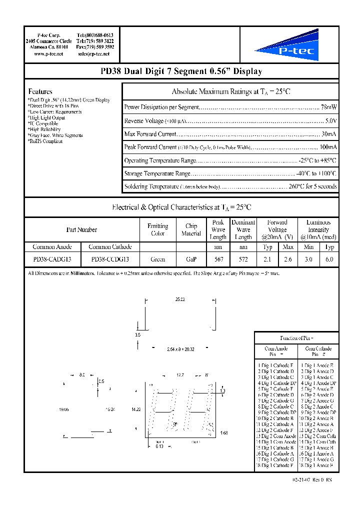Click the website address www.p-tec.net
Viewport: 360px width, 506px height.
tap(48, 53)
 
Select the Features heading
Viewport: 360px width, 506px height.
tap(40, 91)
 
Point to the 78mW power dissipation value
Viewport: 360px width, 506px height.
tap(328, 107)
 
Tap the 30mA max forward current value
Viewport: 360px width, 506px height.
tap(329, 134)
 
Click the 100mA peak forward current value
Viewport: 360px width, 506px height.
tap(328, 147)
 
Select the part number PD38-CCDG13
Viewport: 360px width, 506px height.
tap(110, 259)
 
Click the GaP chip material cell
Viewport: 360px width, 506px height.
tap(191, 259)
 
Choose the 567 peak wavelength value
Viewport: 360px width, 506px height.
tap(218, 259)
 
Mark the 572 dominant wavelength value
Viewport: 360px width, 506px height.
tap(243, 259)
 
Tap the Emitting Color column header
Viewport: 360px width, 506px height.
tap(157, 229)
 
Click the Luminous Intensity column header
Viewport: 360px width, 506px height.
tap(318, 229)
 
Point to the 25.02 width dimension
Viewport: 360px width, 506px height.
tap(180, 299)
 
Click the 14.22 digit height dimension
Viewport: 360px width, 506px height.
tap(135, 409)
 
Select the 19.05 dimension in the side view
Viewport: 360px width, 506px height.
tap(63, 409)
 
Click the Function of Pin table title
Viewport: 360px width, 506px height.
tap(296, 338)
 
